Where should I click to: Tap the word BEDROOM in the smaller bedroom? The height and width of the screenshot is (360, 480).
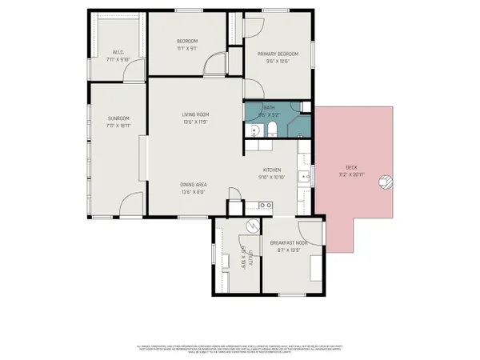coord(186,42)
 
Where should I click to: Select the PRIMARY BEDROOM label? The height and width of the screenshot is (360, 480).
coord(272,54)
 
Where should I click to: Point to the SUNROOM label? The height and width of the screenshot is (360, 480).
coord(118,118)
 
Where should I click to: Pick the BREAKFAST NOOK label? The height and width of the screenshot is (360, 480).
coord(289,242)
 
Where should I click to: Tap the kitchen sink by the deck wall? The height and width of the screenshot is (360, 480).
coord(306,176)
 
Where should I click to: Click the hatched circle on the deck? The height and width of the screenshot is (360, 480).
coord(386,182)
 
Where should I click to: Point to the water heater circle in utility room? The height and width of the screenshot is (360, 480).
coord(251,226)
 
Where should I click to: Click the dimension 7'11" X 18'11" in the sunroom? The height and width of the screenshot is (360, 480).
coord(118,126)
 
